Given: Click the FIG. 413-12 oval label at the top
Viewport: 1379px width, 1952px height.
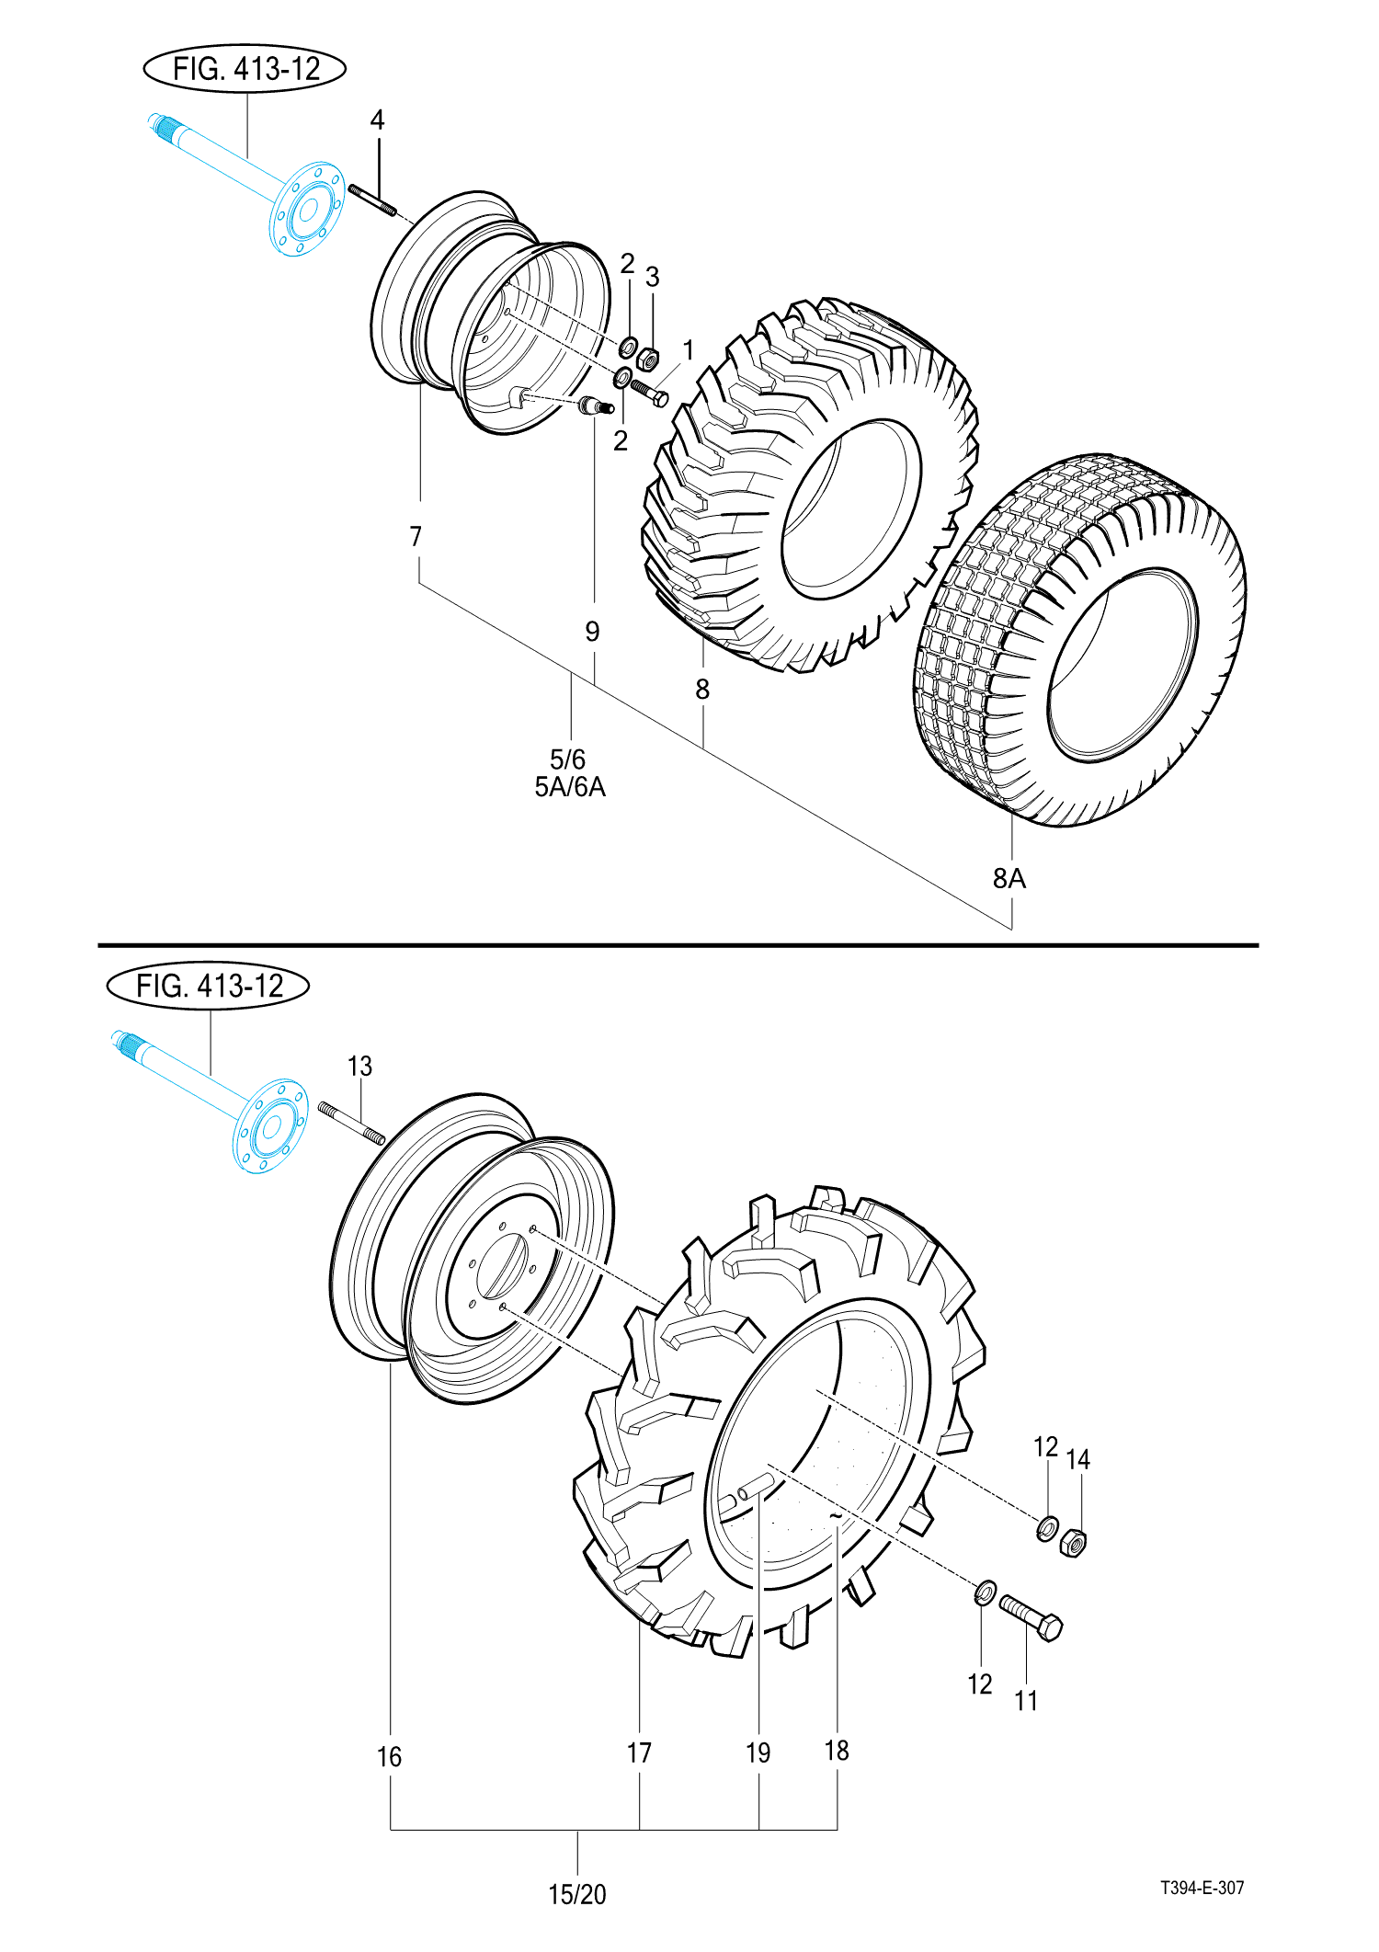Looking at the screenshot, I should click(x=245, y=69).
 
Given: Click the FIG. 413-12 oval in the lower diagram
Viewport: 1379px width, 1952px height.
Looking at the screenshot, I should click(x=209, y=986).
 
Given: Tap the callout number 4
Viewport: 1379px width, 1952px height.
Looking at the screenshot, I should click(x=377, y=120).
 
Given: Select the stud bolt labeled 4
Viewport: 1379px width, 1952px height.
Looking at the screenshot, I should click(x=372, y=200).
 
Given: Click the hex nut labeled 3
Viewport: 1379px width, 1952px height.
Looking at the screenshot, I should click(x=647, y=357).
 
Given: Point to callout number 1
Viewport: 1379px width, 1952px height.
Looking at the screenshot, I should click(x=688, y=350).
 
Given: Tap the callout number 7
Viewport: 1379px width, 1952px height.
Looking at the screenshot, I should click(x=416, y=536).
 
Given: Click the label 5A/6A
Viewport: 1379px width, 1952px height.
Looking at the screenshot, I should click(x=570, y=788).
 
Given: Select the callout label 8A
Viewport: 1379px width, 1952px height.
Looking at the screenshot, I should click(x=1009, y=879).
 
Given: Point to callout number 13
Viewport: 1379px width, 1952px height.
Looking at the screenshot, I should click(x=359, y=1067).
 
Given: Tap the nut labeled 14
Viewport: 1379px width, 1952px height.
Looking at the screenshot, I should click(x=1074, y=1542).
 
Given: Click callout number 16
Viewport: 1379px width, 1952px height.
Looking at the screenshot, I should click(x=389, y=1757).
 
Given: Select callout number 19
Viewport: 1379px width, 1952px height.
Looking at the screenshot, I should click(x=758, y=1753).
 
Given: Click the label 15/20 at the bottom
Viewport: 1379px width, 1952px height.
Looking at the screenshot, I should click(x=577, y=1894).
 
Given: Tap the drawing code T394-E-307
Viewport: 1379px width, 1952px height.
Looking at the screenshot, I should click(x=1202, y=1888).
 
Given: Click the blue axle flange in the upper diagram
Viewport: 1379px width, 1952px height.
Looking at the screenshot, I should click(x=307, y=210).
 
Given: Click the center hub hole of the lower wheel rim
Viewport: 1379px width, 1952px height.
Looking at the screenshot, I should click(x=501, y=1267).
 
